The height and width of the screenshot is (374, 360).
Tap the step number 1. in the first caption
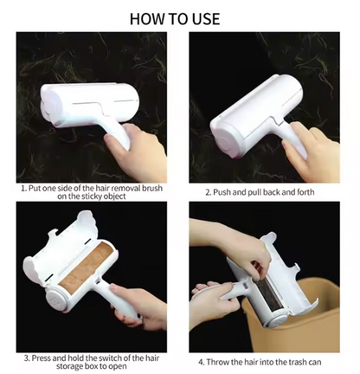(24, 189)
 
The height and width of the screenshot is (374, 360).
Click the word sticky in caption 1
(88, 197)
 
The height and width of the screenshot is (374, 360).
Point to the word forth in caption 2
(305, 192)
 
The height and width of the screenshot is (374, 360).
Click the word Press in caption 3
(42, 358)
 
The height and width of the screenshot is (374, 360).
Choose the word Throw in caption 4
(216, 362)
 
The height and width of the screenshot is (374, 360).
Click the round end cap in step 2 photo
(224, 140)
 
